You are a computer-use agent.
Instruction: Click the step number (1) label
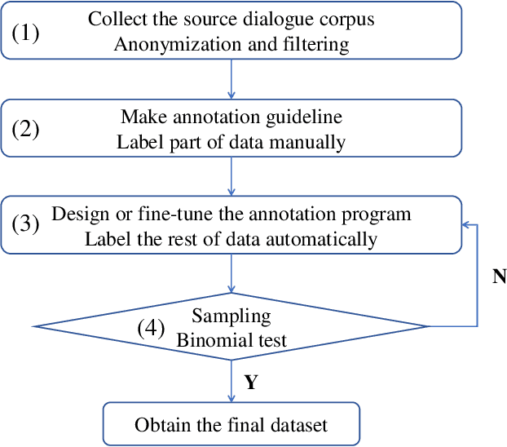(25, 33)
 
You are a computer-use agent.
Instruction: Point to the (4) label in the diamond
(150, 328)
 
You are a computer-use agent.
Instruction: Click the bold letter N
(499, 277)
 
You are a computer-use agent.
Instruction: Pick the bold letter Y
(251, 383)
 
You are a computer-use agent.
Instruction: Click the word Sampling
(231, 315)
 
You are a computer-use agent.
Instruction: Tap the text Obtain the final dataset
(231, 424)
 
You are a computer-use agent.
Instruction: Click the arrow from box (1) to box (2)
(232, 79)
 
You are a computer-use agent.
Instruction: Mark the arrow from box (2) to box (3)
(232, 177)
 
